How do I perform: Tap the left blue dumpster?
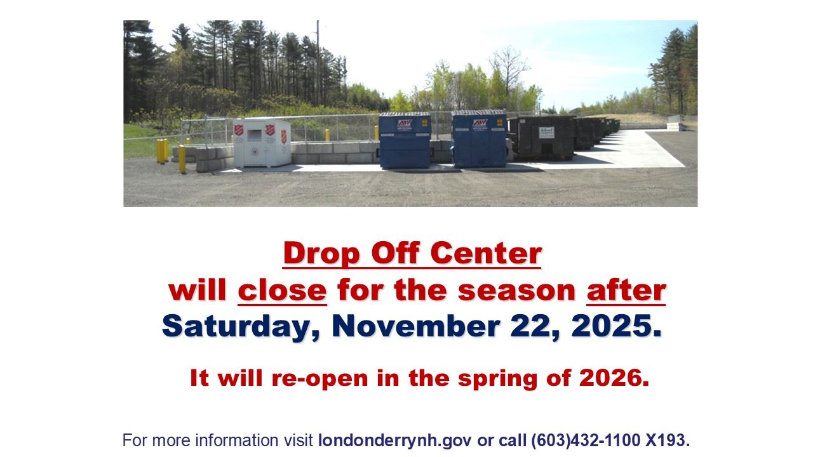[x=405, y=141]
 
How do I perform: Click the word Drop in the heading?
[x=322, y=253]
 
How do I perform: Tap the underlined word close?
[x=282, y=290]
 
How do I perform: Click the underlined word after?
[x=626, y=290]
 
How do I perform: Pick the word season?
[x=516, y=290]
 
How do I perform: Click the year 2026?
[x=613, y=378]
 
